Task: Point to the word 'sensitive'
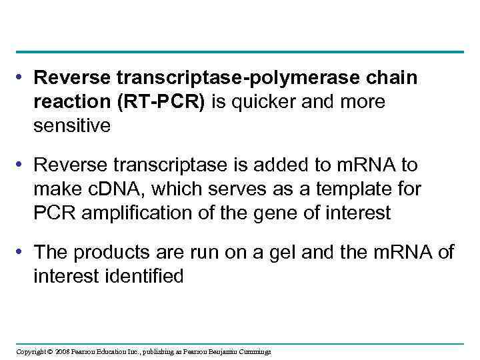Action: click(x=72, y=125)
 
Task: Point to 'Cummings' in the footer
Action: click(x=255, y=351)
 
